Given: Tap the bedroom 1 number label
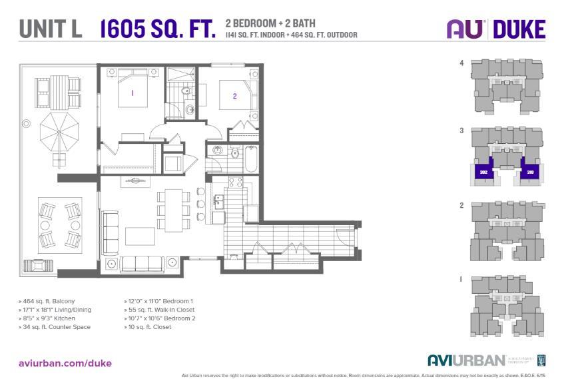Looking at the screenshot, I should (x=133, y=93).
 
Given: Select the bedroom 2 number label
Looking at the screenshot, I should (x=234, y=96).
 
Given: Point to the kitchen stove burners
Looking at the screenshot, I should (x=235, y=181).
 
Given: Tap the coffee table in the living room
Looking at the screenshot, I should (x=141, y=236).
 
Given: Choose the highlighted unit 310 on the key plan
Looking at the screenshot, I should (x=531, y=172).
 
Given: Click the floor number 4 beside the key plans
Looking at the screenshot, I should (x=461, y=63).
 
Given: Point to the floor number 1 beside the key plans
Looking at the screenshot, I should (x=461, y=280).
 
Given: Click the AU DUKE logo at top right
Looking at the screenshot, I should (x=495, y=29).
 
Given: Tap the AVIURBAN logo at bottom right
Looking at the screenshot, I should (x=465, y=360).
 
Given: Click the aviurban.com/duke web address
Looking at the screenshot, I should (x=65, y=363).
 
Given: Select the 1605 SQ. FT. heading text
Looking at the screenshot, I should (x=158, y=29).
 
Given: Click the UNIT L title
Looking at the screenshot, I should (x=51, y=29).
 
